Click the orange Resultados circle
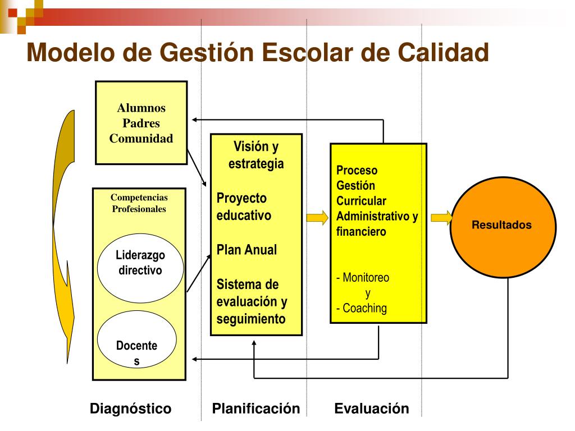point(503,226)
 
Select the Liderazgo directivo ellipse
point(140,263)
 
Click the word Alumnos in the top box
point(142,108)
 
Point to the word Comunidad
point(142,139)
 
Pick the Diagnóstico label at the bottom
point(130,409)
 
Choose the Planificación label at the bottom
point(256,409)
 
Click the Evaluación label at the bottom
point(372,409)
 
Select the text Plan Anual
point(247,250)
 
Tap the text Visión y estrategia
point(256,155)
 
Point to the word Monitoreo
point(366,277)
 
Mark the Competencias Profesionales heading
point(139,203)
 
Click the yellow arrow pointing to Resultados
point(441,218)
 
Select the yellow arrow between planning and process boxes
point(317,218)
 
